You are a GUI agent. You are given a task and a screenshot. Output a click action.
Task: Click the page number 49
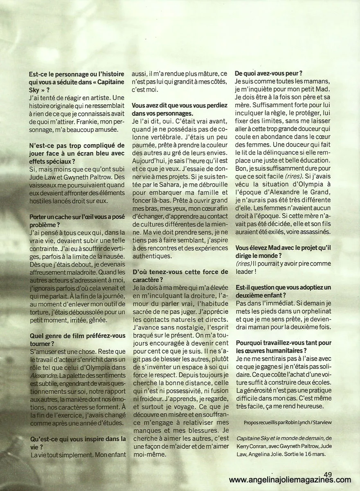(x=327, y=473)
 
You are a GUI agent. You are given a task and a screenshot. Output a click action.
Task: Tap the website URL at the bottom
(x=290, y=480)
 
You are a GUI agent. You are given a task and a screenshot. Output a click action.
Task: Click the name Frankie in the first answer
(x=75, y=121)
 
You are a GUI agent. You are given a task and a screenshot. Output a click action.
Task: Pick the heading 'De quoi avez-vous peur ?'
(x=269, y=74)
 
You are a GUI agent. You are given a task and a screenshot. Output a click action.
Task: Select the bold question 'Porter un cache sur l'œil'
(x=78, y=217)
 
